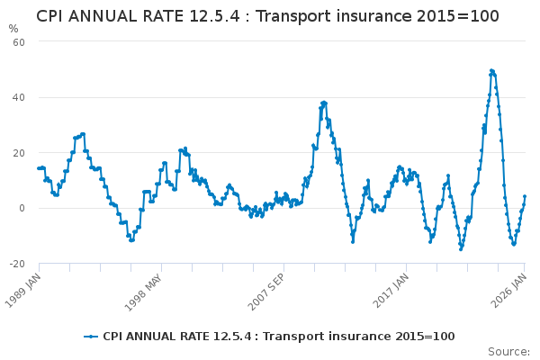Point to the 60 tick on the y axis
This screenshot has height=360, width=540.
pos(18,41)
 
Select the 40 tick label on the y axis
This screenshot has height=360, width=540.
pos(18,97)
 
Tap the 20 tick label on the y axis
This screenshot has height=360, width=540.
pos(18,153)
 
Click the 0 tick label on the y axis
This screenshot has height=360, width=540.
pos(22,208)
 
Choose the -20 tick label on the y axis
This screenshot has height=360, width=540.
pos(16,264)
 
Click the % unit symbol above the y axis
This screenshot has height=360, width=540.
pos(13,28)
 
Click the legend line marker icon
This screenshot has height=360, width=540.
pos(91,336)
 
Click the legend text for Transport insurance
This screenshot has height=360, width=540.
pos(279,336)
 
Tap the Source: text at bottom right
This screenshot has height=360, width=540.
pos(508,351)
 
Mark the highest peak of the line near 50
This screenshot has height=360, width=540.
pos(491,70)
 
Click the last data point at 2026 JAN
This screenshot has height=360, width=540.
pos(525,196)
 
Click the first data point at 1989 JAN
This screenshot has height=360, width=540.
pos(39,168)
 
